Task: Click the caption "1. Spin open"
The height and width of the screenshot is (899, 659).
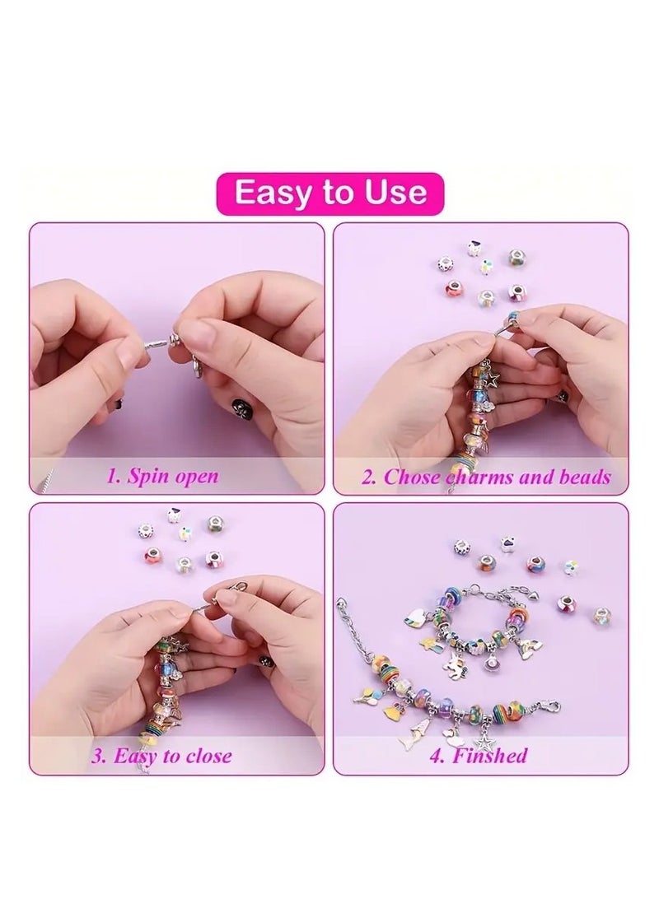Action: click(x=162, y=476)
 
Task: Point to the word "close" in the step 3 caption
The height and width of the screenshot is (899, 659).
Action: click(x=205, y=755)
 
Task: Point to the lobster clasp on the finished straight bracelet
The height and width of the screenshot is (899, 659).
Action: click(x=547, y=707)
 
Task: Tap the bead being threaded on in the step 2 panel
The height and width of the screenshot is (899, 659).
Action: click(x=512, y=319)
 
